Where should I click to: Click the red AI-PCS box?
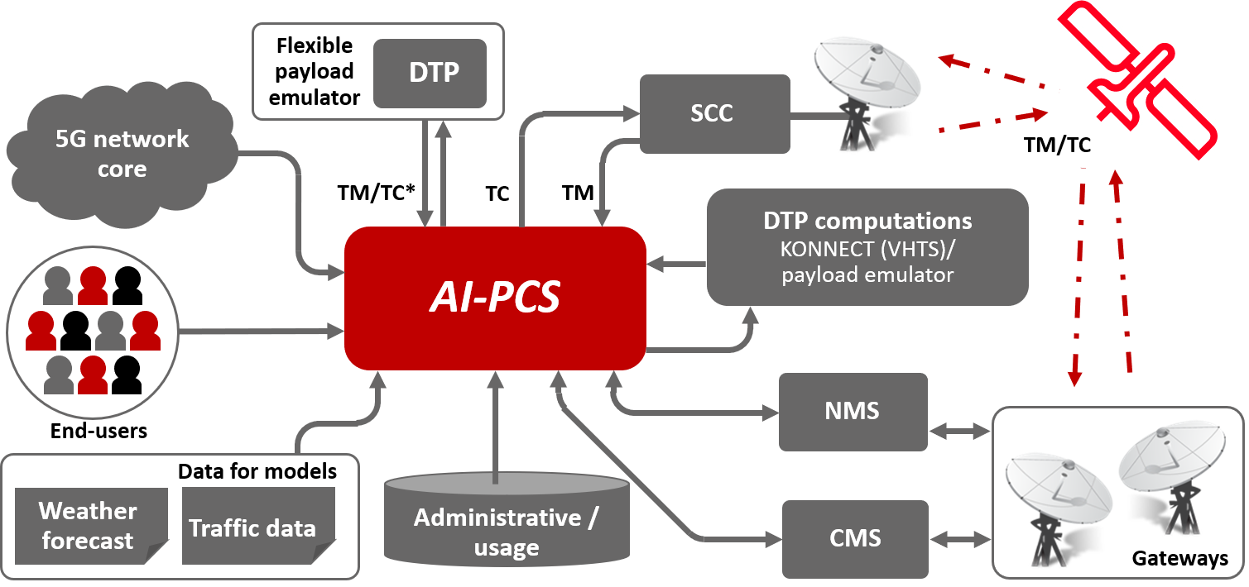[495, 298]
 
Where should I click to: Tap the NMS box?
[853, 411]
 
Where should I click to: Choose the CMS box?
[855, 538]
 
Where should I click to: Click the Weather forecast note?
[88, 525]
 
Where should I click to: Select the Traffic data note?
[253, 527]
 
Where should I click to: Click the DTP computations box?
[867, 246]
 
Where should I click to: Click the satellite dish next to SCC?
[865, 91]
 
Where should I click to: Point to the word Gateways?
[1179, 559]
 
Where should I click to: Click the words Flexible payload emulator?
[315, 71]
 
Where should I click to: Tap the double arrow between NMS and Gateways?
[960, 430]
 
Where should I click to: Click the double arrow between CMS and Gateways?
[960, 539]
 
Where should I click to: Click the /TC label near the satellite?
[1074, 146]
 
